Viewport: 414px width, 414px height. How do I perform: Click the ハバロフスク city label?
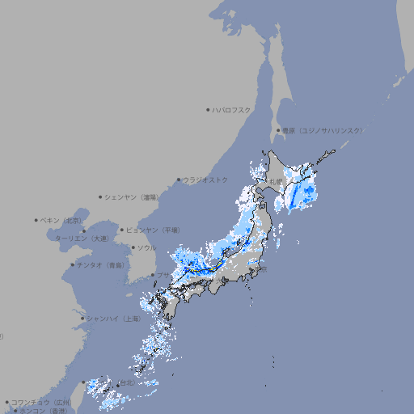[232, 109]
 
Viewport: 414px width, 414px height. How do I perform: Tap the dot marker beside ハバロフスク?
[208, 109]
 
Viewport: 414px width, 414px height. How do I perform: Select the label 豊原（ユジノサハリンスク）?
[323, 130]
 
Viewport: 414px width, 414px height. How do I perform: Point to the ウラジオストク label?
[205, 180]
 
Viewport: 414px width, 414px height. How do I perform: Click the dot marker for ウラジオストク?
[179, 180]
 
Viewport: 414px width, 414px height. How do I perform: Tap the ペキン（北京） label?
[62, 220]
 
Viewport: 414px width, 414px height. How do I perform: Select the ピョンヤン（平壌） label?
[153, 230]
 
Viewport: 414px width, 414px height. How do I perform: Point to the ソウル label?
[146, 247]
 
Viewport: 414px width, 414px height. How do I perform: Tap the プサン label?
[164, 276]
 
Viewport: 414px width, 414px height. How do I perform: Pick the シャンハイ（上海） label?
[113, 319]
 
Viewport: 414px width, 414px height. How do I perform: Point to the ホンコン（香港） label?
[44, 411]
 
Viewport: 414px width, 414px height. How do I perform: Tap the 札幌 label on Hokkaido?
[277, 180]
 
